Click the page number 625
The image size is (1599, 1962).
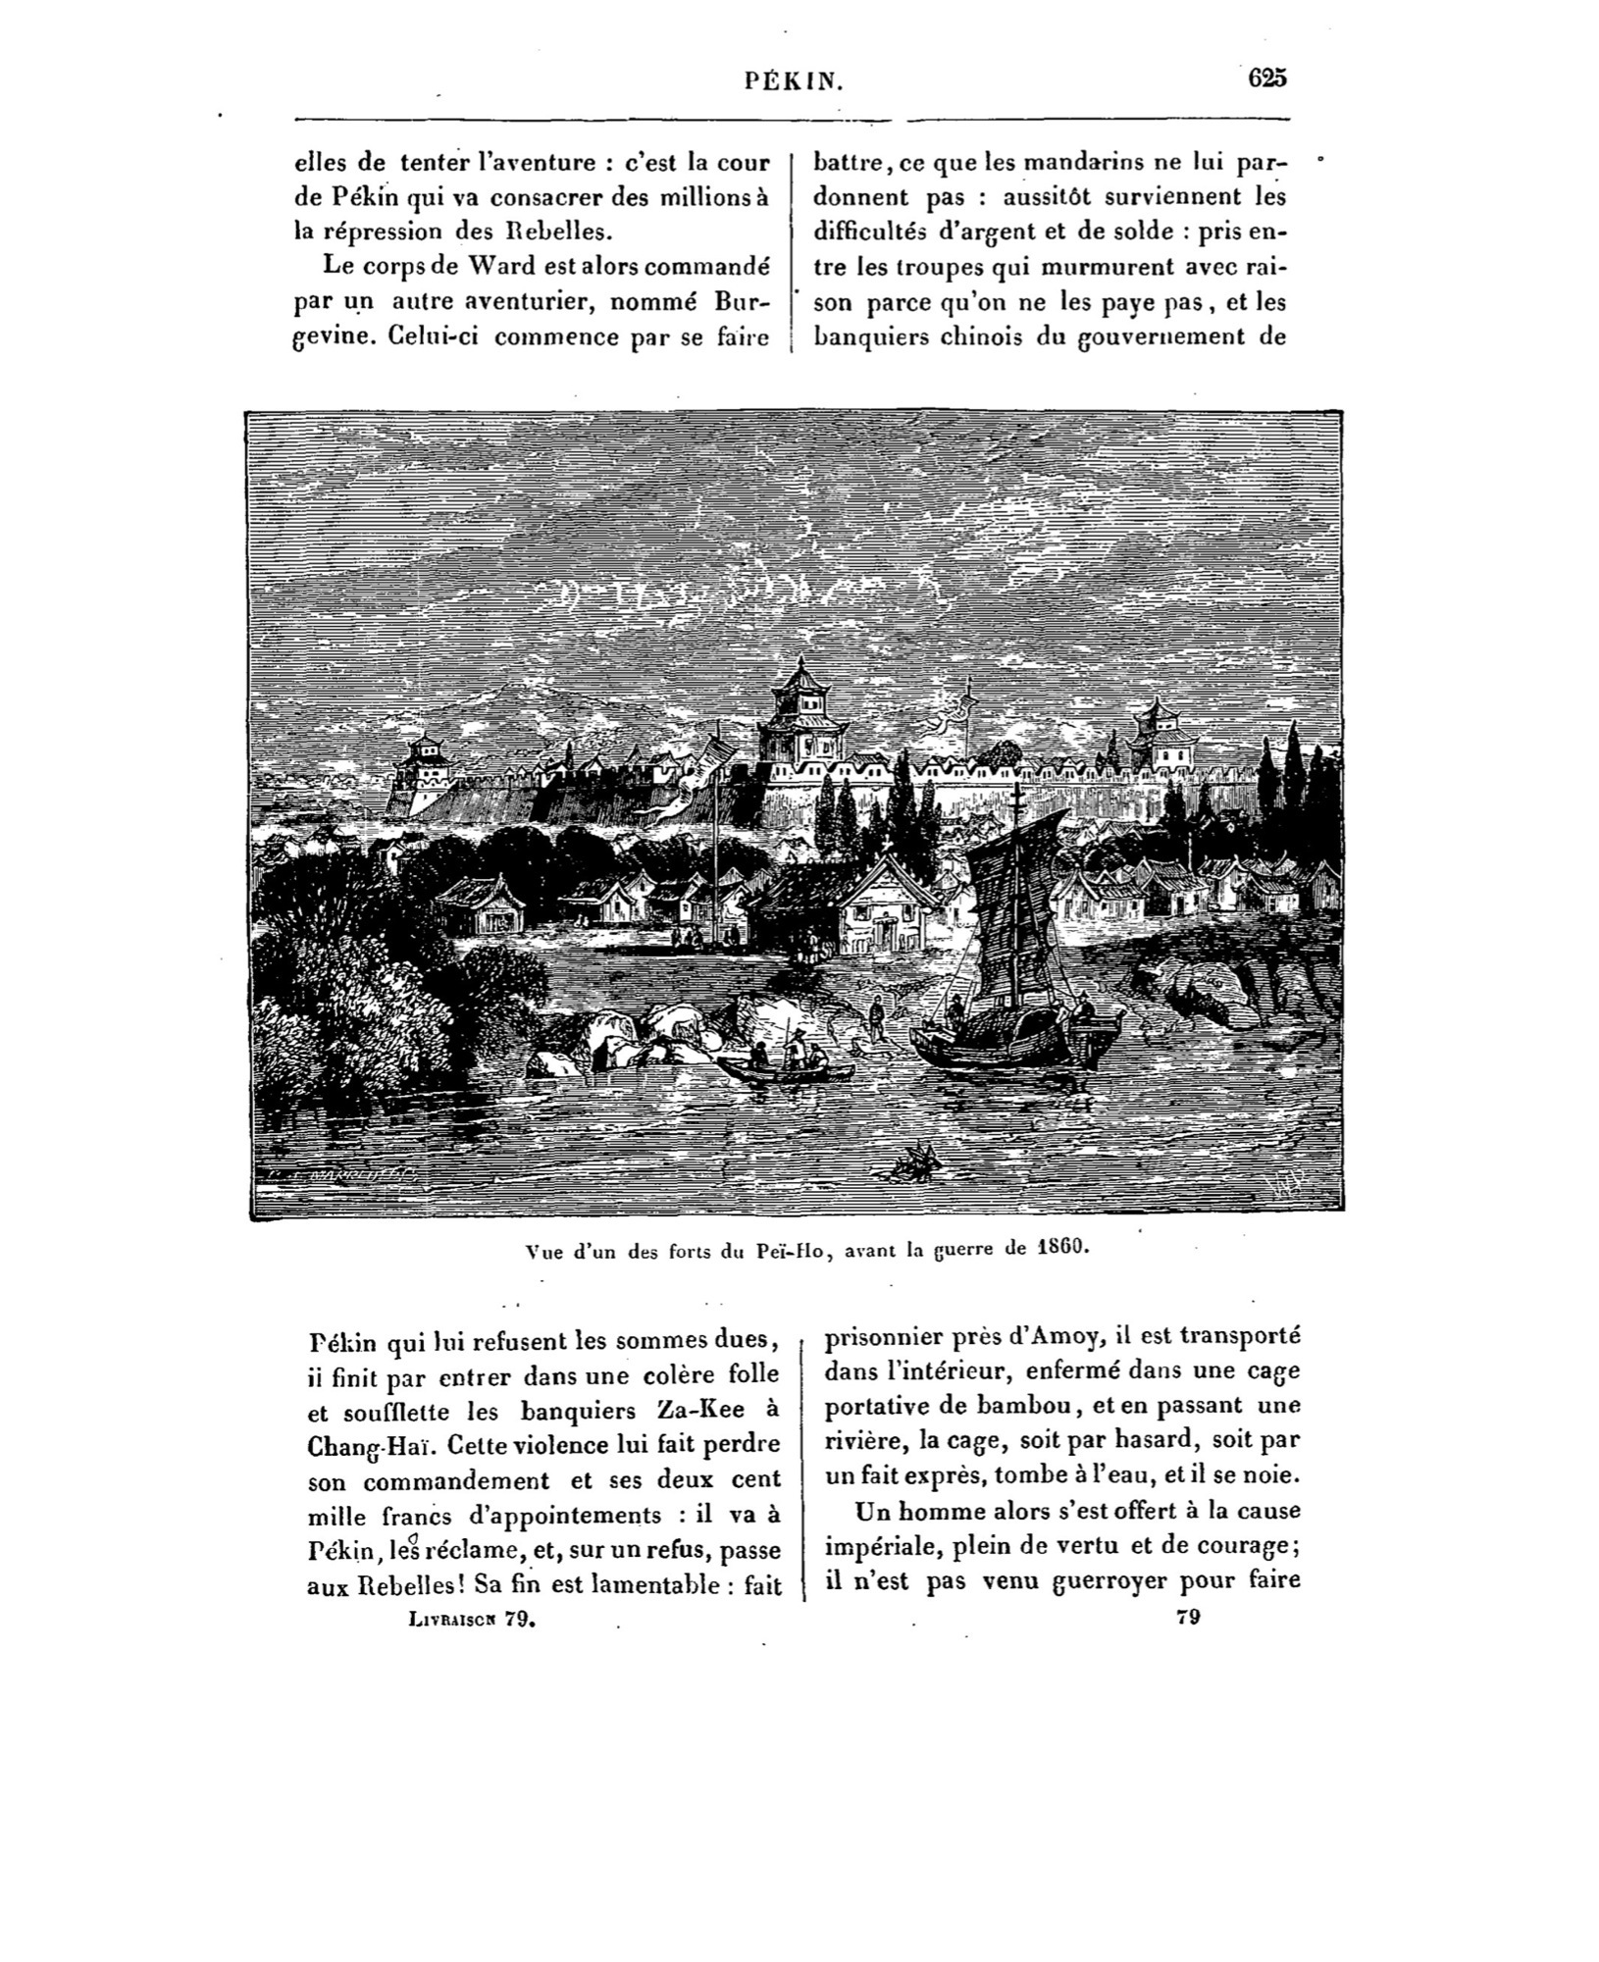pyautogui.click(x=1266, y=78)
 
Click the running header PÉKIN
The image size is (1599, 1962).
pyautogui.click(x=794, y=82)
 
